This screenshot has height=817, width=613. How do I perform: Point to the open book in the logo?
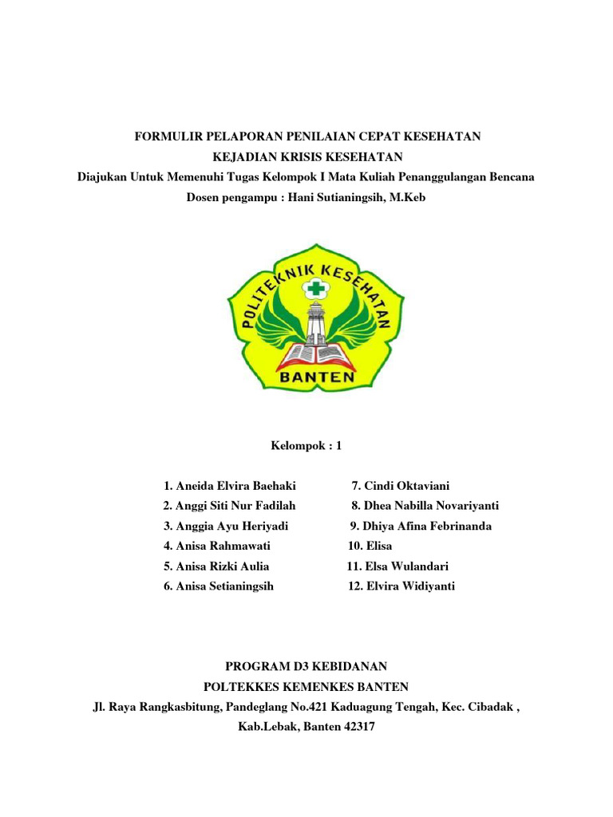tap(306, 350)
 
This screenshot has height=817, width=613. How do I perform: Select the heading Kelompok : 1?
tap(306, 446)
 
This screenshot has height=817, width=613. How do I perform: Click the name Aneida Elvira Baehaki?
tap(226, 486)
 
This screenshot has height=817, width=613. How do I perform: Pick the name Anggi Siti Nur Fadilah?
tap(229, 506)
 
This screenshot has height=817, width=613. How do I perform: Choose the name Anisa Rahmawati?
tap(216, 546)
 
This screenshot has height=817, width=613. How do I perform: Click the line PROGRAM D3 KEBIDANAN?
tap(306, 666)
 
